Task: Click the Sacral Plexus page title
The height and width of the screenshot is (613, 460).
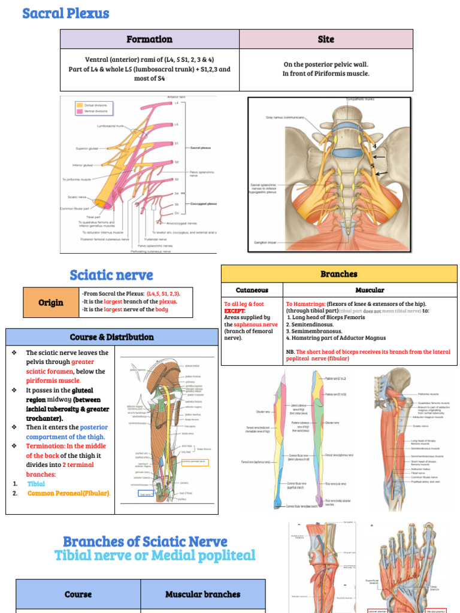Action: (66, 13)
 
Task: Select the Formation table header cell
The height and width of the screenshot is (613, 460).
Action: (149, 40)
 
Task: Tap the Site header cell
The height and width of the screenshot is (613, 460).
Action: (326, 40)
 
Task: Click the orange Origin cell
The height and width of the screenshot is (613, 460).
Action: (51, 302)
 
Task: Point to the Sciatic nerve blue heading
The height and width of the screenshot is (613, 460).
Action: (111, 275)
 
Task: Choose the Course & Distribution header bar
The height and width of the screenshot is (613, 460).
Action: (111, 337)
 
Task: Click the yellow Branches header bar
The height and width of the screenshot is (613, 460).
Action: (338, 274)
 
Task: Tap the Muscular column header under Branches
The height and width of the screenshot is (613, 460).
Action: (370, 290)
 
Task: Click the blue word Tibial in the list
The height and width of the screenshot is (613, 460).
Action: (36, 484)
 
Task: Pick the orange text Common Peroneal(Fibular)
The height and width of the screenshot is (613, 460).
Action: (69, 493)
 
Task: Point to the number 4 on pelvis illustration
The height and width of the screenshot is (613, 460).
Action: (374, 146)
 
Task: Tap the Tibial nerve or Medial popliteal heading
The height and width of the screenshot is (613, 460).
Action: (155, 556)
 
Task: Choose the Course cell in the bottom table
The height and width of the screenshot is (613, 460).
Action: (78, 594)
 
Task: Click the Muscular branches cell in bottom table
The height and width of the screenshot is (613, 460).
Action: (202, 594)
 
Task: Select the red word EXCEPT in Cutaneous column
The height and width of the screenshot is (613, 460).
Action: (234, 311)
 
